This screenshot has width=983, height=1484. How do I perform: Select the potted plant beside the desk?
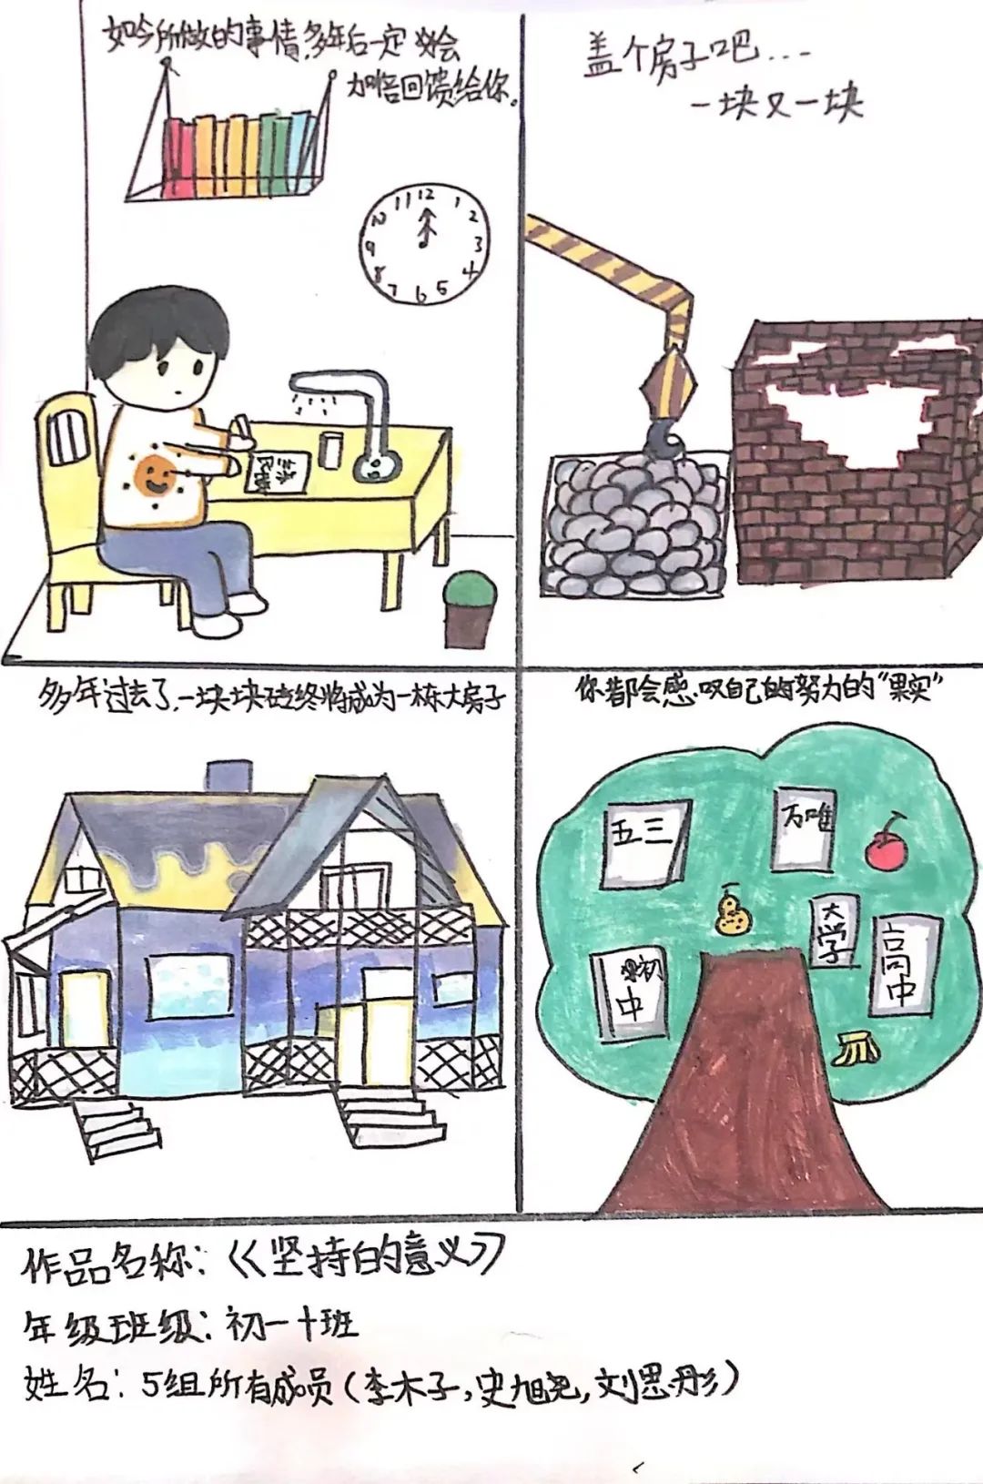471,606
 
